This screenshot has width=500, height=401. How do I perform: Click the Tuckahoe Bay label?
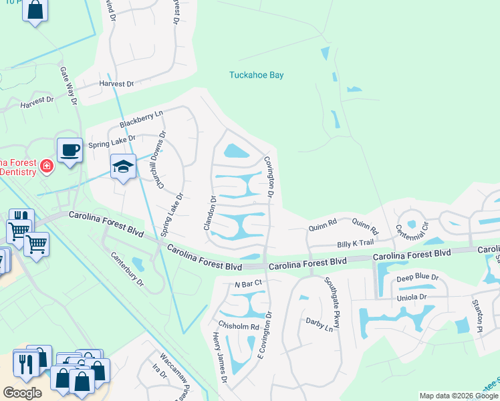click(257, 75)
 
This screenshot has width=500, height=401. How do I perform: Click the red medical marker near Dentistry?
click(46, 166)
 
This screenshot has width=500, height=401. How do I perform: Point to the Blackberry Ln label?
click(141, 120)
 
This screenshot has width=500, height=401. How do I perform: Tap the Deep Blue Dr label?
click(416, 277)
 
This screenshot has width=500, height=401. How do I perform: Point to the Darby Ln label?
click(320, 325)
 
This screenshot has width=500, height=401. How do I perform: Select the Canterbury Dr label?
click(127, 268)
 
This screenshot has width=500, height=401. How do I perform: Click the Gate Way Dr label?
click(70, 86)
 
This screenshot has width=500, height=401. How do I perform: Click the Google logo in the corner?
click(21, 393)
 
